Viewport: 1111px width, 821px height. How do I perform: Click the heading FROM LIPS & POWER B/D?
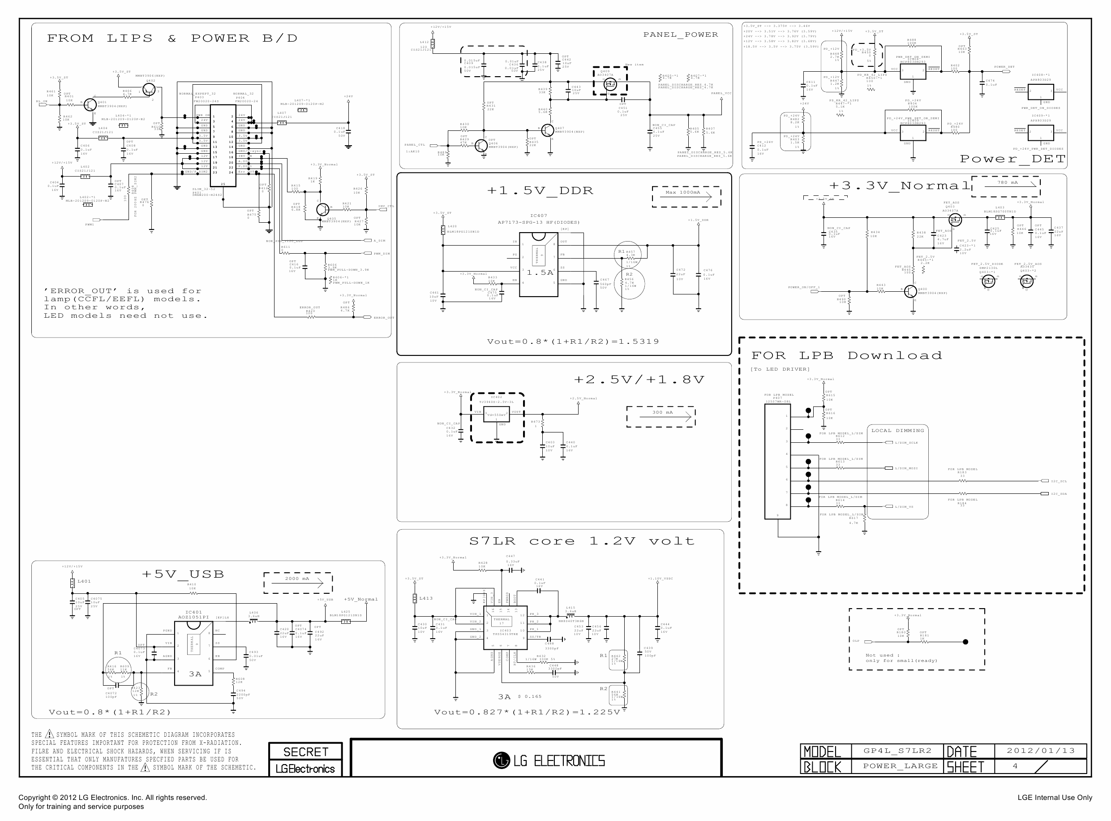(x=172, y=38)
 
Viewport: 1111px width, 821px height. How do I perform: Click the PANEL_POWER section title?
(x=680, y=35)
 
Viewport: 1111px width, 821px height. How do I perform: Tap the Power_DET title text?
(x=1012, y=159)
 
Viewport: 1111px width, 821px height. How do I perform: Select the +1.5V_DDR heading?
(x=540, y=191)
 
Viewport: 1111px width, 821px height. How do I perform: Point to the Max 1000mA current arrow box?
(x=686, y=196)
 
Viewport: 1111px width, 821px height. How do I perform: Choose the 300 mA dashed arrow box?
(x=661, y=416)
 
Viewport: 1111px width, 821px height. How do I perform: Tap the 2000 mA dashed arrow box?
(x=297, y=583)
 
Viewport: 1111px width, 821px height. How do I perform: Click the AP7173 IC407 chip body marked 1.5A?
(x=538, y=264)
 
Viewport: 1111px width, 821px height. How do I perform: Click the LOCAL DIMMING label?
(x=897, y=430)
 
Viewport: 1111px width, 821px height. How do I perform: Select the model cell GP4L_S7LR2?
(x=897, y=751)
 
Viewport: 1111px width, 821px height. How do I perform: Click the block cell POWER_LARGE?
(x=900, y=766)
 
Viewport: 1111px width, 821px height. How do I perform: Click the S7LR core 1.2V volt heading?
(x=581, y=541)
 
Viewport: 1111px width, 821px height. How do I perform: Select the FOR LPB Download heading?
(x=846, y=356)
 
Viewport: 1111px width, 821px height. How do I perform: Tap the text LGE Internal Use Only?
(x=1055, y=798)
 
